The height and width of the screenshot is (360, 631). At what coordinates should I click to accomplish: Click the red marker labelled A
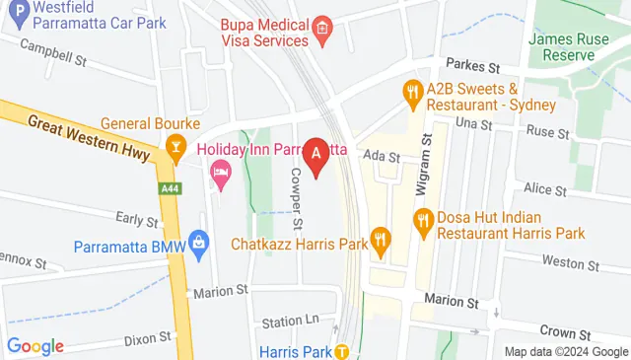[x=316, y=155]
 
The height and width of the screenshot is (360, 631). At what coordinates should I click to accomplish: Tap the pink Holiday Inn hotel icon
[x=221, y=175]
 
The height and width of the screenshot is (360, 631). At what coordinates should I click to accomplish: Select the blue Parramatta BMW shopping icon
[x=199, y=241]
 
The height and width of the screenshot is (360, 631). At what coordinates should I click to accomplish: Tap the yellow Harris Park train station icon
[x=341, y=350]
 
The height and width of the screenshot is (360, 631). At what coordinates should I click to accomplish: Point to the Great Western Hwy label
[x=88, y=136]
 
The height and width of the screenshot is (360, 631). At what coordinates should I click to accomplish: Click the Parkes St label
[x=480, y=66]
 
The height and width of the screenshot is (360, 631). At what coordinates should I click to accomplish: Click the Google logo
[x=35, y=346]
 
